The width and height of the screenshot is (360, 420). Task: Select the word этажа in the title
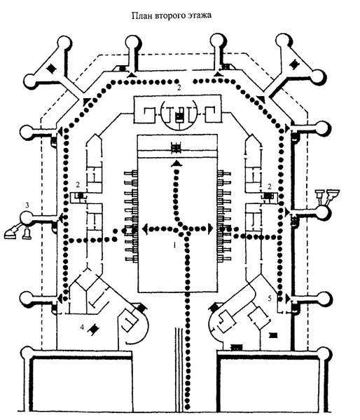click(198, 15)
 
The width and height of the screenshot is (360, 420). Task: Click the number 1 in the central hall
click(174, 245)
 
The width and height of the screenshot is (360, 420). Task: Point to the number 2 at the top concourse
click(179, 88)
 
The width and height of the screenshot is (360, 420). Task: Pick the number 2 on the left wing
click(78, 184)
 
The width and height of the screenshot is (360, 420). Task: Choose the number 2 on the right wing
click(270, 187)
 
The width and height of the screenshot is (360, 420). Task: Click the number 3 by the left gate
click(27, 205)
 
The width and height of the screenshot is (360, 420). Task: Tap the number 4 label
click(83, 327)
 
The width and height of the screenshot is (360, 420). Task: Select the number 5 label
click(270, 298)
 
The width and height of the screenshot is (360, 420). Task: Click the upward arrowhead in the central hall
click(176, 164)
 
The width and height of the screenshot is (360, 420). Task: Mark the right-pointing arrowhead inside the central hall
click(210, 229)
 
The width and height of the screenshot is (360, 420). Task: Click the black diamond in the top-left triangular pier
click(50, 69)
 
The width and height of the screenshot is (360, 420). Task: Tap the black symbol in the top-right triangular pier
click(295, 65)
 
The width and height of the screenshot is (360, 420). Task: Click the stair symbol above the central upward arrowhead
click(176, 148)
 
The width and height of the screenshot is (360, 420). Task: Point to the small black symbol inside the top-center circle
click(179, 117)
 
